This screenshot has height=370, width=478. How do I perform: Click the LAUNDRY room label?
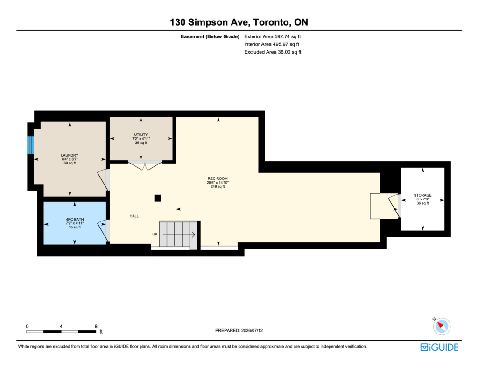[x=70, y=155]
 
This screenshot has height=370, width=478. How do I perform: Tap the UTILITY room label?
[x=141, y=135]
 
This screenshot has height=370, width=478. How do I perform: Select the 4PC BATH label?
[x=75, y=219]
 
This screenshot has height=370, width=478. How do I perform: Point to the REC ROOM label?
[x=218, y=178]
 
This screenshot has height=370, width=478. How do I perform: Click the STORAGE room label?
[x=422, y=195]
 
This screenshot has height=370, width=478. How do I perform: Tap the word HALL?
[x=134, y=216]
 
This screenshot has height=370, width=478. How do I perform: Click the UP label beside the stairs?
[x=155, y=234]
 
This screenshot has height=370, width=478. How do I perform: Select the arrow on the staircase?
[x=179, y=235]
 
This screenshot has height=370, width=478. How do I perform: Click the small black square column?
[x=158, y=198]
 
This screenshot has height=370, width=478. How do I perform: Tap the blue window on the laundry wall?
[x=30, y=145]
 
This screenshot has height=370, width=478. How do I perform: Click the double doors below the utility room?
[x=145, y=165]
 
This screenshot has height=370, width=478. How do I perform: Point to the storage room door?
[x=394, y=206]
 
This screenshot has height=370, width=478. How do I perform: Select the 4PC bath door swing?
[x=103, y=231]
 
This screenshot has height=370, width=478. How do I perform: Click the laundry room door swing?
[x=103, y=180]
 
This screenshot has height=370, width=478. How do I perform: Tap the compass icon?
[x=442, y=326]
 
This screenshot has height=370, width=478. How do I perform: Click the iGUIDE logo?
[x=439, y=348]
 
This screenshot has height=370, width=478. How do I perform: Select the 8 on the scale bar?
[x=96, y=327]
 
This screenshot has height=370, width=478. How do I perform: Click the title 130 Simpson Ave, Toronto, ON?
[x=239, y=22]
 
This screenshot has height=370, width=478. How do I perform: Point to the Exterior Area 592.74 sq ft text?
[x=273, y=36]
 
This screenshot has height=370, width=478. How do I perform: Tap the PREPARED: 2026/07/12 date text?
[x=239, y=330]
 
